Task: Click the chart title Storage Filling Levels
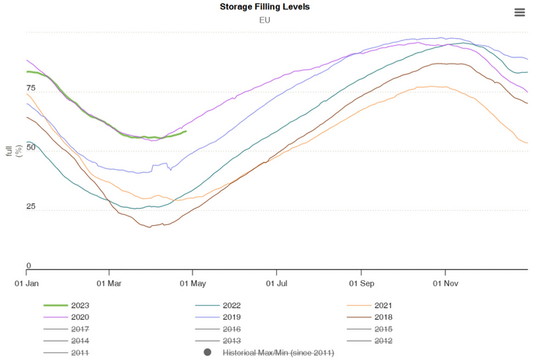[x=265, y=7]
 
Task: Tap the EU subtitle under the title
[x=265, y=19]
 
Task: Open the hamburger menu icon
[x=520, y=12]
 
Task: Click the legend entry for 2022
[x=230, y=306]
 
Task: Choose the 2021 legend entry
[x=382, y=306]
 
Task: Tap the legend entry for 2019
[x=230, y=317]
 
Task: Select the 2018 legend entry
[x=382, y=317]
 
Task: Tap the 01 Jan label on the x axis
[x=27, y=284]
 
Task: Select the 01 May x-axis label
[x=193, y=284]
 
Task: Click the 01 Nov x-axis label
[x=445, y=284]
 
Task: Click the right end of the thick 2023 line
[x=185, y=131]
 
